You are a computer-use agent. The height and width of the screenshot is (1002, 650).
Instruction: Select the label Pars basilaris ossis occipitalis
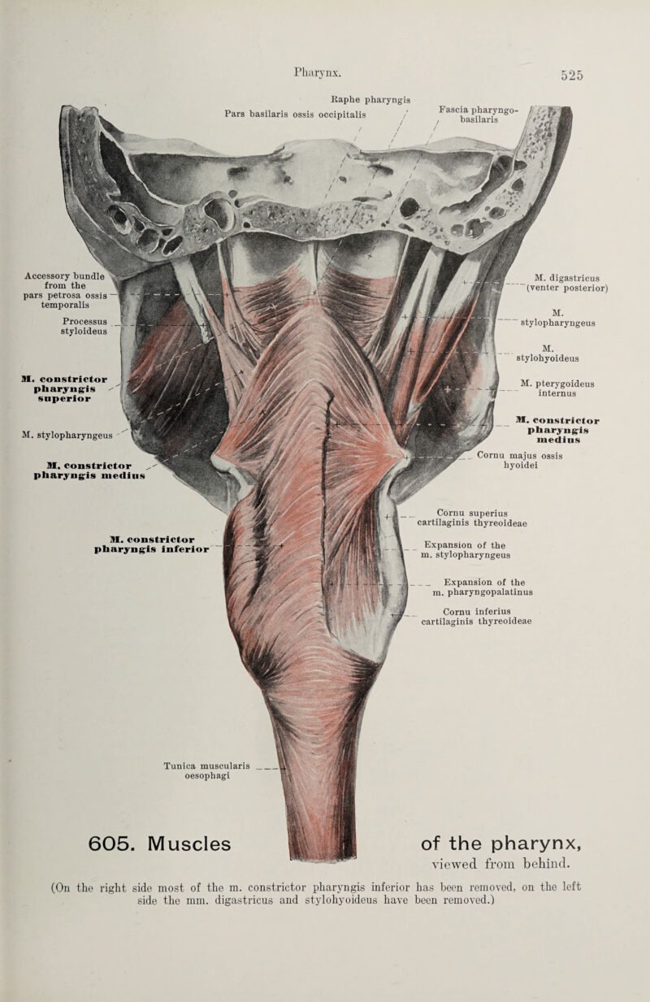(295, 113)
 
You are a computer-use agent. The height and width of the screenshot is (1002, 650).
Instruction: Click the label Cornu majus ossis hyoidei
(525, 463)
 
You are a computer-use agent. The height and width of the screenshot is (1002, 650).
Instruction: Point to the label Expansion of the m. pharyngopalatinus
(483, 586)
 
